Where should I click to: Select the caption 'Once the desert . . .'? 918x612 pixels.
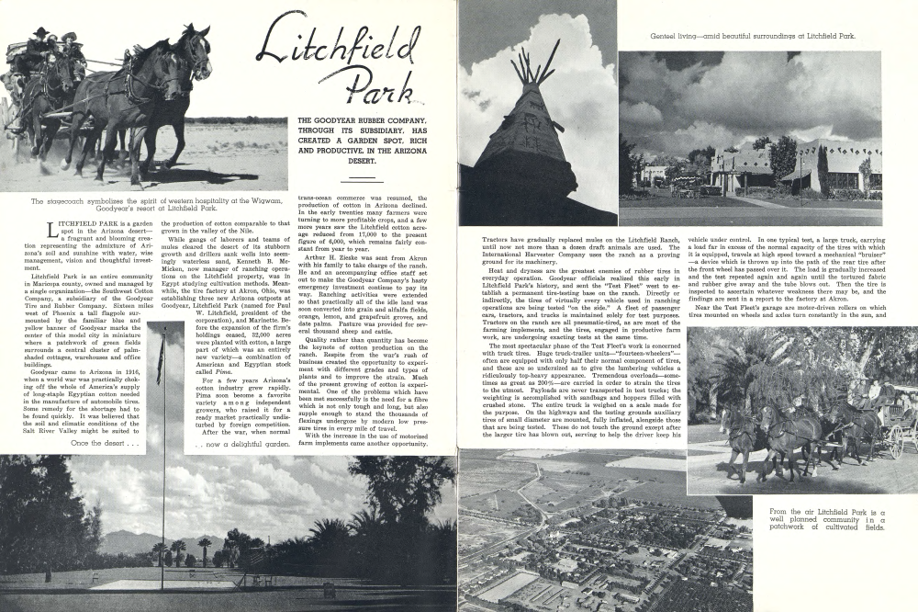pyautogui.click(x=106, y=443)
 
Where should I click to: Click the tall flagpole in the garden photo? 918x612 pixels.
pyautogui.click(x=162, y=459)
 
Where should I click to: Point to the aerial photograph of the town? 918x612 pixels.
pyautogui.click(x=571, y=533)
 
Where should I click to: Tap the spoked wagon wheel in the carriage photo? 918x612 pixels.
pyautogui.click(x=893, y=441)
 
